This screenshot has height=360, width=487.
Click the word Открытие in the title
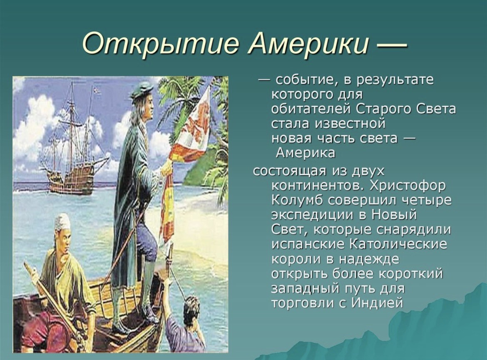coord(161,43)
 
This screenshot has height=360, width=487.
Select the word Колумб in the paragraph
coord(298,200)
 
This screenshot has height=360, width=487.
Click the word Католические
coord(399,244)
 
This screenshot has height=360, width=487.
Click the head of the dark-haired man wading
coord(191,308)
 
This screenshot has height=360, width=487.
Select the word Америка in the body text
coord(306,153)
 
